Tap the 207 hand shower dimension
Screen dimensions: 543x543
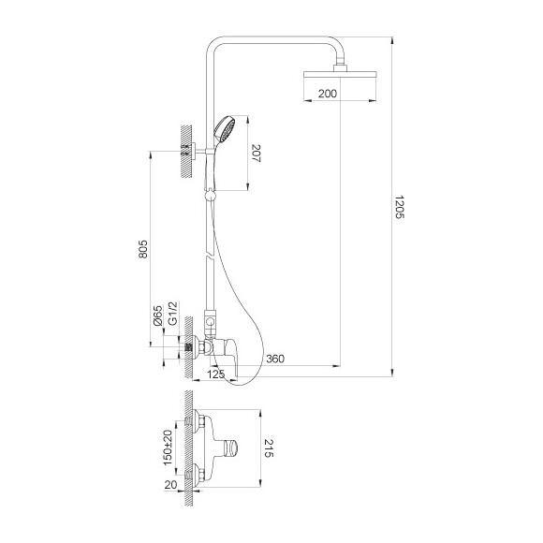click(x=257, y=154)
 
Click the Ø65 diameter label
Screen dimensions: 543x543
click(x=158, y=316)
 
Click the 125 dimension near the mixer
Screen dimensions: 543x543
click(x=216, y=375)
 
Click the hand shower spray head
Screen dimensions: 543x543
click(x=223, y=126)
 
